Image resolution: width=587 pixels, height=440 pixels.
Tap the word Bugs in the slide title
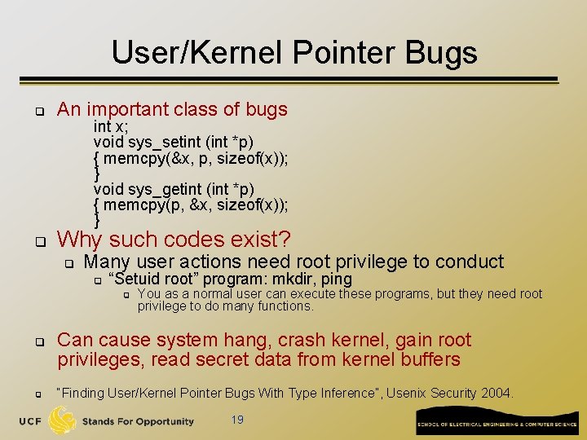pyautogui.click(x=444, y=53)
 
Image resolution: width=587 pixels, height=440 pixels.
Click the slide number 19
pyautogui.click(x=237, y=420)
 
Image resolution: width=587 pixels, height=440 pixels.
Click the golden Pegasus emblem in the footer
pyautogui.click(x=63, y=420)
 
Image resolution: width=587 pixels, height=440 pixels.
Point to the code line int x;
pyautogui.click(x=111, y=126)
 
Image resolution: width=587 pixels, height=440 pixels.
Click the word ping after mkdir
pyautogui.click(x=336, y=279)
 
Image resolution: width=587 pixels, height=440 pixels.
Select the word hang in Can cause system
pyautogui.click(x=244, y=340)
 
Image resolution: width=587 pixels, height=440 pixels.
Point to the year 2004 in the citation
pyautogui.click(x=496, y=393)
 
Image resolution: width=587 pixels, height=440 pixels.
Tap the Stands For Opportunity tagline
pyautogui.click(x=138, y=421)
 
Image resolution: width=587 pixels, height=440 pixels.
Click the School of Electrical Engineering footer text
pyautogui.click(x=497, y=425)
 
